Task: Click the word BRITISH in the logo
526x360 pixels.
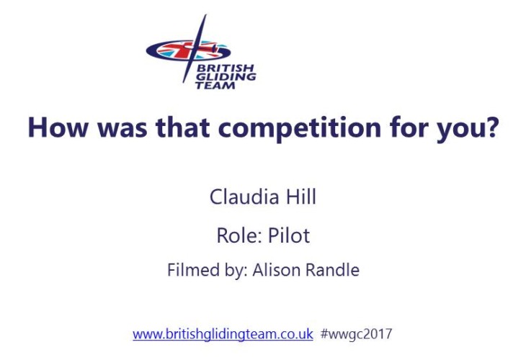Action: point(226,68)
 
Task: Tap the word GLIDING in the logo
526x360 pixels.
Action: point(226,77)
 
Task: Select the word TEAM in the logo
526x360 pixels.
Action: point(215,85)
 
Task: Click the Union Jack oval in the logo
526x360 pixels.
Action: point(188,50)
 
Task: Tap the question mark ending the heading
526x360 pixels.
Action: point(492,127)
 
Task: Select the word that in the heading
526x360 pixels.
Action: point(183,127)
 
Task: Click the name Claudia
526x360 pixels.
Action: point(244,196)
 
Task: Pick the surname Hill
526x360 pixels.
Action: point(301,196)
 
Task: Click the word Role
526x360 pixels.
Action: point(239,235)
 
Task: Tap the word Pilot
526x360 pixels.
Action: point(289,235)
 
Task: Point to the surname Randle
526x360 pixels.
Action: point(333,269)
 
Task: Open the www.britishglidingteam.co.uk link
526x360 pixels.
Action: point(223,334)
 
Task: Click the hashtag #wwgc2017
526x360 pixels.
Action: point(356,334)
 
